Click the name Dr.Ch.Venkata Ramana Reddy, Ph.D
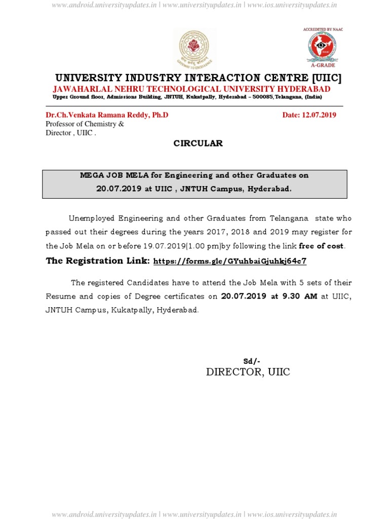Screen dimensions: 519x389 pos(107,115)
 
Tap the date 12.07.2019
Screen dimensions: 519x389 pos(319,115)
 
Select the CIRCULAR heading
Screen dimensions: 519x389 pos(198,143)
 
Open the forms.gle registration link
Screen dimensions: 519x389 pos(229,262)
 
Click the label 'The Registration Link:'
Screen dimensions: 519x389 pos(98,261)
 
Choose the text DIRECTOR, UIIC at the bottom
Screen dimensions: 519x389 pos(248,373)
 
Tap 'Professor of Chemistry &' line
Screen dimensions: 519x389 pos(85,124)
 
